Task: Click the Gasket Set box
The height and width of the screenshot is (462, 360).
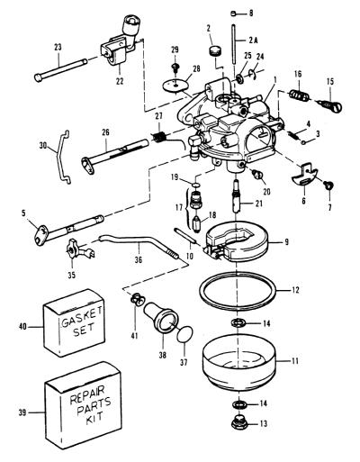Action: pyautogui.click(x=75, y=323)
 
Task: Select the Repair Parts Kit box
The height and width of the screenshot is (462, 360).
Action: pyautogui.click(x=83, y=406)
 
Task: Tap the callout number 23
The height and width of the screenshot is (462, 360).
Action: pyautogui.click(x=58, y=47)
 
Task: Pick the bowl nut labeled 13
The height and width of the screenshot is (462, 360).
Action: pyautogui.click(x=239, y=423)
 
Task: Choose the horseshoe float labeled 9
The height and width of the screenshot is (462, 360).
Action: pyautogui.click(x=236, y=240)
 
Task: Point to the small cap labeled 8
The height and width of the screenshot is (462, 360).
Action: pyautogui.click(x=234, y=13)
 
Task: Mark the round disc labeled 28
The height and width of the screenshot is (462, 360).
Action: pyautogui.click(x=176, y=84)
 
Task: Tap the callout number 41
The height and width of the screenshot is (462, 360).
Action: pyautogui.click(x=135, y=335)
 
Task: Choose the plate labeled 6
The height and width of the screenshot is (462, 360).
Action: pyautogui.click(x=304, y=177)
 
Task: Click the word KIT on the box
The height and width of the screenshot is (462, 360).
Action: pyautogui.click(x=94, y=417)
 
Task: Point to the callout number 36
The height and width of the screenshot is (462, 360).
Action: pyautogui.click(x=139, y=259)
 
